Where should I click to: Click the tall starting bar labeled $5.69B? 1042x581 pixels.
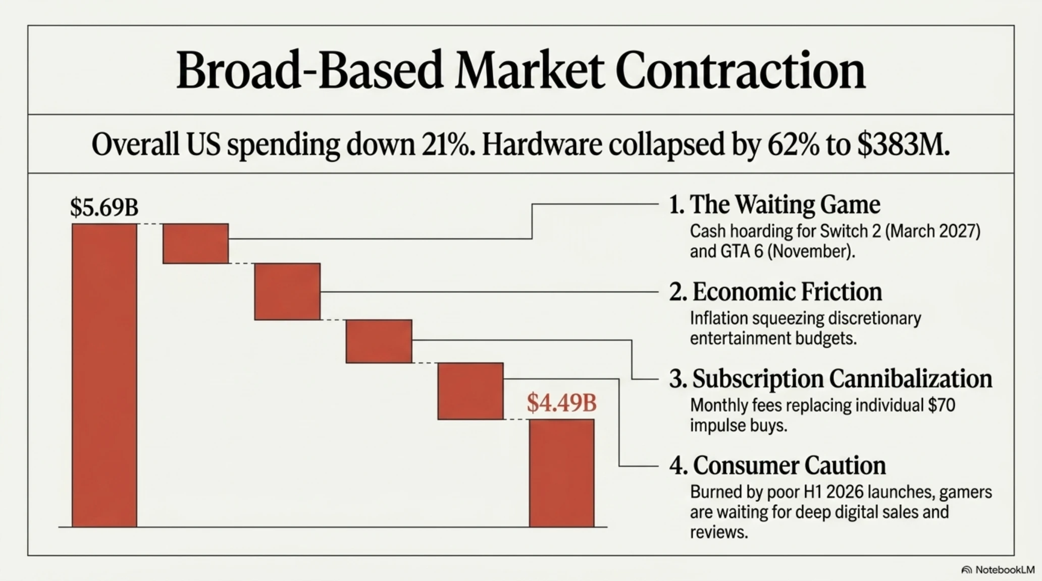click(x=105, y=375)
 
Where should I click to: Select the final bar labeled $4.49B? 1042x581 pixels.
click(x=562, y=473)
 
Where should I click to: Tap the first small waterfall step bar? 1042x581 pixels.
click(x=195, y=243)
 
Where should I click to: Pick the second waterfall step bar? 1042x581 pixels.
click(x=287, y=292)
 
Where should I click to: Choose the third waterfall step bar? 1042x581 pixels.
click(x=379, y=341)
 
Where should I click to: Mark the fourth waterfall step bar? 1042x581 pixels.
click(x=471, y=391)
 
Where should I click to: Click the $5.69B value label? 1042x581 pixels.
click(x=104, y=207)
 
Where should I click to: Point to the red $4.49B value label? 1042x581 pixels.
click(x=561, y=403)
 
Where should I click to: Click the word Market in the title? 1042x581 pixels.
click(x=530, y=71)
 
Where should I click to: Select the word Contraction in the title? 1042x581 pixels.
click(x=741, y=71)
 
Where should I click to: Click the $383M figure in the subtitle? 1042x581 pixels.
click(x=903, y=145)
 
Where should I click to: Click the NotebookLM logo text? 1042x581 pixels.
click(x=1005, y=570)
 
